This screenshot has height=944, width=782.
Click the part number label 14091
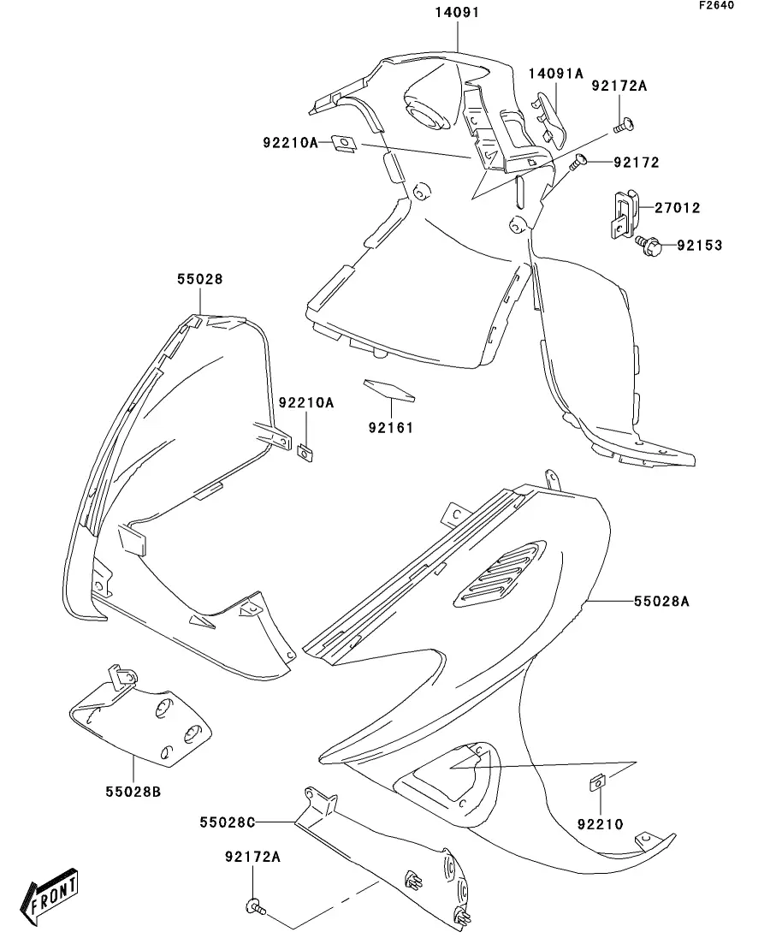pyautogui.click(x=458, y=14)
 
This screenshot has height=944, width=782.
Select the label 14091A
pyautogui.click(x=554, y=74)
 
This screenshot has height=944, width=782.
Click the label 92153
pyautogui.click(x=699, y=246)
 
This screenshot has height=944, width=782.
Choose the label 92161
pyautogui.click(x=390, y=427)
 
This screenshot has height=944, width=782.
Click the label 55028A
pyautogui.click(x=661, y=602)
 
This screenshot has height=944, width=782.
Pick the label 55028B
pyautogui.click(x=133, y=791)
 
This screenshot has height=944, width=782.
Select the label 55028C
pyautogui.click(x=228, y=822)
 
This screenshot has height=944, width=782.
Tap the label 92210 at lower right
pyautogui.click(x=600, y=825)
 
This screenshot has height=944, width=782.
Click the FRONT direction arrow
pyautogui.click(x=54, y=898)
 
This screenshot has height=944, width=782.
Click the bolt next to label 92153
pyautogui.click(x=645, y=246)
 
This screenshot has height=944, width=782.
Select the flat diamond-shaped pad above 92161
pyautogui.click(x=389, y=389)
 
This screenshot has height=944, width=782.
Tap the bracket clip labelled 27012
pyautogui.click(x=620, y=214)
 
